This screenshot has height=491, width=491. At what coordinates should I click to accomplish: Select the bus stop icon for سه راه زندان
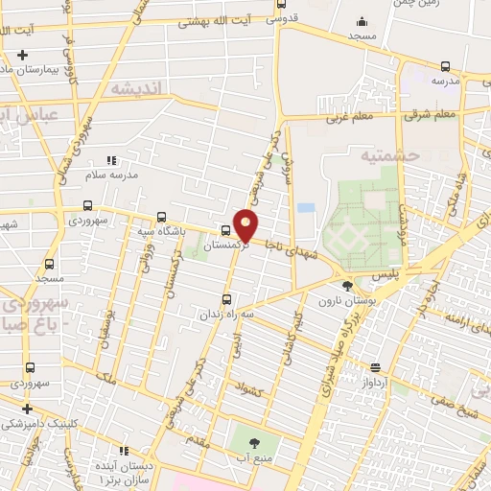226,298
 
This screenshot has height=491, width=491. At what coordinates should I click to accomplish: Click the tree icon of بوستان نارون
347,285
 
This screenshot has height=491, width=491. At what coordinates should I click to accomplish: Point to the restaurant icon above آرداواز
375,366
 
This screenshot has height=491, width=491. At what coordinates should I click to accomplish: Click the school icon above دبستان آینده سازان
123,450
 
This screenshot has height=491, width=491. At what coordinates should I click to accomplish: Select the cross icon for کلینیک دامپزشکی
28,409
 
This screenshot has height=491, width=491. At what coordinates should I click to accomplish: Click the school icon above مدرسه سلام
111,160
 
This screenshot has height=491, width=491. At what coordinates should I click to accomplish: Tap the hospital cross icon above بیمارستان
22,55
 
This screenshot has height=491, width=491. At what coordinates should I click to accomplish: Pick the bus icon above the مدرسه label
445,66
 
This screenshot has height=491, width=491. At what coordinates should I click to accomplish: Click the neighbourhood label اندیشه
139,87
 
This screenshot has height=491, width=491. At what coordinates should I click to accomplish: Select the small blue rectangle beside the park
306,207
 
